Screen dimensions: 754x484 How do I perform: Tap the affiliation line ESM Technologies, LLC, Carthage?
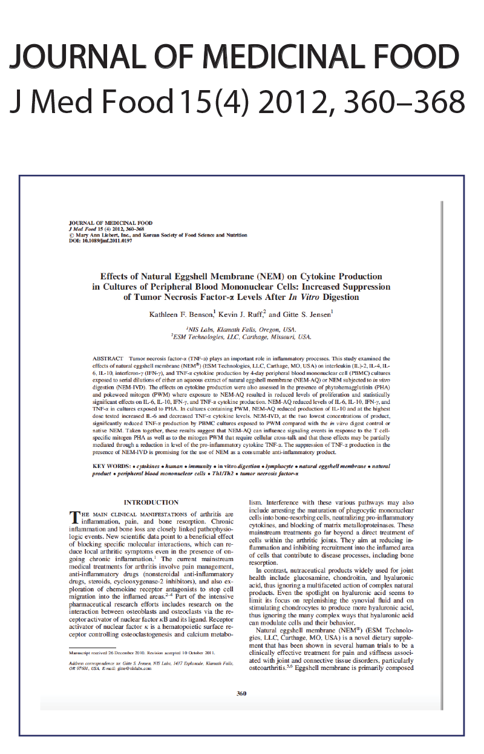click(241, 337)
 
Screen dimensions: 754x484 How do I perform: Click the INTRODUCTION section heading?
click(151, 502)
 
